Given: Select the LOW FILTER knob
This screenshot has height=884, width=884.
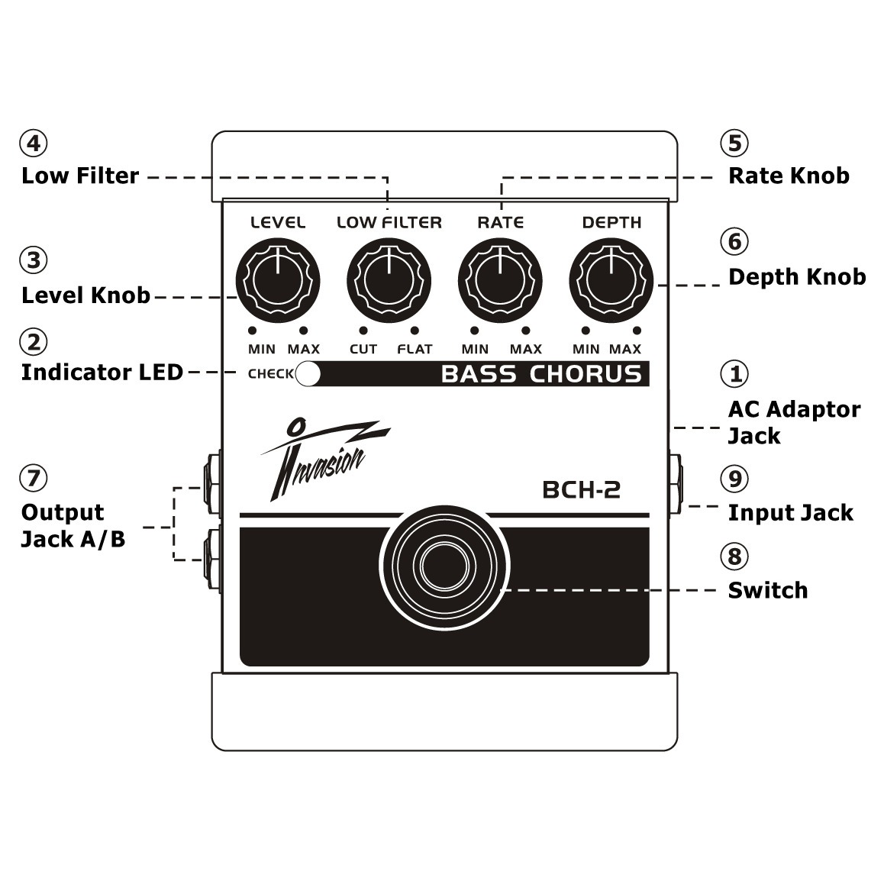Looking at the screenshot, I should coord(389,279).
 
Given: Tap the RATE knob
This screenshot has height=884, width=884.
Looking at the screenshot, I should coord(500,279).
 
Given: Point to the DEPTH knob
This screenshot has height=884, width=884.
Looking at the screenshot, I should coord(611,279).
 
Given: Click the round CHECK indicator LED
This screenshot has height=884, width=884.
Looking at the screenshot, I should coord(308,374).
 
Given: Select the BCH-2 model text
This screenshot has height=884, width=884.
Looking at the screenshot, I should coord(581,489).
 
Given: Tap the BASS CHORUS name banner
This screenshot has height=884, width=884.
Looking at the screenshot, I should coord(540,374).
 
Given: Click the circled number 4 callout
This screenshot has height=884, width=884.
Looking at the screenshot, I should coord(34,143).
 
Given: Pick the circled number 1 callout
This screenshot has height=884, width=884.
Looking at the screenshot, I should coord(735,373).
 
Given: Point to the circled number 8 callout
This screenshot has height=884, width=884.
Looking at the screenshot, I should coord(735,556).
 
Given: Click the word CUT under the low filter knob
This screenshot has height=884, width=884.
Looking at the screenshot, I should coord(363,349).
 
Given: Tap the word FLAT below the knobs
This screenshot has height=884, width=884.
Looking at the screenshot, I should coord(415,349).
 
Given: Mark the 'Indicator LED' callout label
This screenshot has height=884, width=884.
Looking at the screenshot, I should coord(102,373).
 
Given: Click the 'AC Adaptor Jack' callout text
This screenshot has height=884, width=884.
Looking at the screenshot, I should coord(793,422).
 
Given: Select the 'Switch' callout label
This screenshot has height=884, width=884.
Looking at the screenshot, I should coord(767,590).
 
